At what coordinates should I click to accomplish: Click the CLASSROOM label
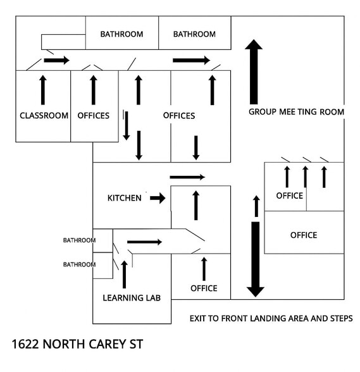coord(44,116)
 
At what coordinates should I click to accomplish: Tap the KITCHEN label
coord(125,198)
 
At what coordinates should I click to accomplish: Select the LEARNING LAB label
coord(132,298)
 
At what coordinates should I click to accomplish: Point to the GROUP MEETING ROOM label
coord(296,112)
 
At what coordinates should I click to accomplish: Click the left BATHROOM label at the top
coord(121,34)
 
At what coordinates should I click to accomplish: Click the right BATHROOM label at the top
coord(194,34)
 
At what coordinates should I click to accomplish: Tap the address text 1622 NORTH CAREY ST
coord(77,344)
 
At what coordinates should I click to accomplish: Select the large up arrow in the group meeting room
coord(254,71)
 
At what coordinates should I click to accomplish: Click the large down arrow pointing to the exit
coord(256,259)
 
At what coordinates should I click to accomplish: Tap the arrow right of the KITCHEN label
coord(158,198)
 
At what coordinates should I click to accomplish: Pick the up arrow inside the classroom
coord(43,90)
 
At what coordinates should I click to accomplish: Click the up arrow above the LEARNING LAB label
coord(125,275)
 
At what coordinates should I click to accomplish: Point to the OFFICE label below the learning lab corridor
coord(204,288)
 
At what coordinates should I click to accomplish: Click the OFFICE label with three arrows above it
coord(290,195)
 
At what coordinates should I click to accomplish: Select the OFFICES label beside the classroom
coord(94,116)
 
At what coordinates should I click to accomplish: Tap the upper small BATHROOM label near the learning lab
coord(79,240)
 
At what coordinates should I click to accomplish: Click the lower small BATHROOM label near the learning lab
coord(79,264)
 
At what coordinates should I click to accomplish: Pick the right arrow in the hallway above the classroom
coord(57,60)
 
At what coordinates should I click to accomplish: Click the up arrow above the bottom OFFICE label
coord(204,269)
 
